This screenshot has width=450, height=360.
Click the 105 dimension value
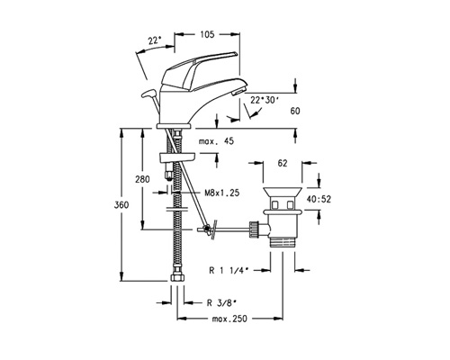coord(207,34)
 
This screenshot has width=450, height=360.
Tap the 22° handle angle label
coord(155,40)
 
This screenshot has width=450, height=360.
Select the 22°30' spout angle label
coord(263,100)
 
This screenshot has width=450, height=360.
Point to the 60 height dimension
coord(295,111)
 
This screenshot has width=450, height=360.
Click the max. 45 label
coord(216,141)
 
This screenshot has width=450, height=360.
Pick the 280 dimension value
coord(142,179)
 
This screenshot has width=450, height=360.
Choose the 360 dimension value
coord(121,205)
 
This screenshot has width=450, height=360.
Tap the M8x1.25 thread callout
coord(222,193)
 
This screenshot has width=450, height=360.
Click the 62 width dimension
coord(283,163)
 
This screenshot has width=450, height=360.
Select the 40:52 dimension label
coord(319,199)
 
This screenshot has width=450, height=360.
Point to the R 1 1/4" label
coord(229,270)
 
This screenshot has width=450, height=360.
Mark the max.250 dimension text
coord(229,319)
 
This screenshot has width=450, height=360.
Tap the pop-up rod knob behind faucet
coord(148,94)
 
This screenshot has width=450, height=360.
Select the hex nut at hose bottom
coord(176,277)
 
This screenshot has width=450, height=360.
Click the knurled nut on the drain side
coord(254,229)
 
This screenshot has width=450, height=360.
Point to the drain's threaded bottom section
coord(283,242)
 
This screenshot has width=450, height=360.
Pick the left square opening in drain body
coord(275,205)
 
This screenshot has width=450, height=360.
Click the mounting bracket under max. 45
coord(177,157)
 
